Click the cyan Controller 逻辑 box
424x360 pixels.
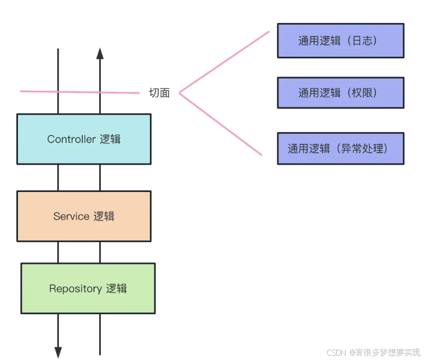[83, 139]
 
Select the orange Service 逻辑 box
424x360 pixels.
[83, 216]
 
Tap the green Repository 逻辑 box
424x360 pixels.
[88, 288]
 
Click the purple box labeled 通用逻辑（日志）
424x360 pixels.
[340, 40]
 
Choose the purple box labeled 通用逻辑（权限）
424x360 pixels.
[340, 93]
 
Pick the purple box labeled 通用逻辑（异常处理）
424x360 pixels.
[340, 148]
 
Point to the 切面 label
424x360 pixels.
[159, 93]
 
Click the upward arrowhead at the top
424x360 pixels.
[100, 53]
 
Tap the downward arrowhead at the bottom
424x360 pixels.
[58, 352]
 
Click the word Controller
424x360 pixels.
[71, 139]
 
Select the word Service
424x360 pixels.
[71, 216]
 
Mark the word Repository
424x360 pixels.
[75, 288]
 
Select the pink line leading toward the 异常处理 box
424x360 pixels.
[221, 124]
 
